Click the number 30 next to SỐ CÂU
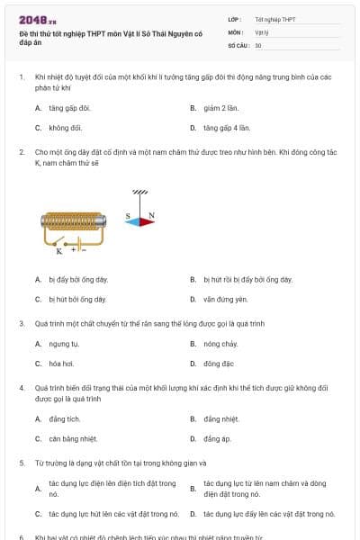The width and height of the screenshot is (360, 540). click(258, 45)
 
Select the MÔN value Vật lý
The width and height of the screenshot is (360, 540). click(262, 31)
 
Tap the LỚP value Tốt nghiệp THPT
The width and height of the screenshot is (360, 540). click(274, 19)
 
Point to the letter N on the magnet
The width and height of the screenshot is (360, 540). click(151, 216)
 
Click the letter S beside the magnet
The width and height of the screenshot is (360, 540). click(128, 216)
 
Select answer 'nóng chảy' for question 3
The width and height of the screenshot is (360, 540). click(220, 344)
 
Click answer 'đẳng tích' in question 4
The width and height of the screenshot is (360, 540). click(65, 418)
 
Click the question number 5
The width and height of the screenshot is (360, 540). click(21, 463)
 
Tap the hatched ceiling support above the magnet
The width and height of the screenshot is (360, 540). click(140, 192)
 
